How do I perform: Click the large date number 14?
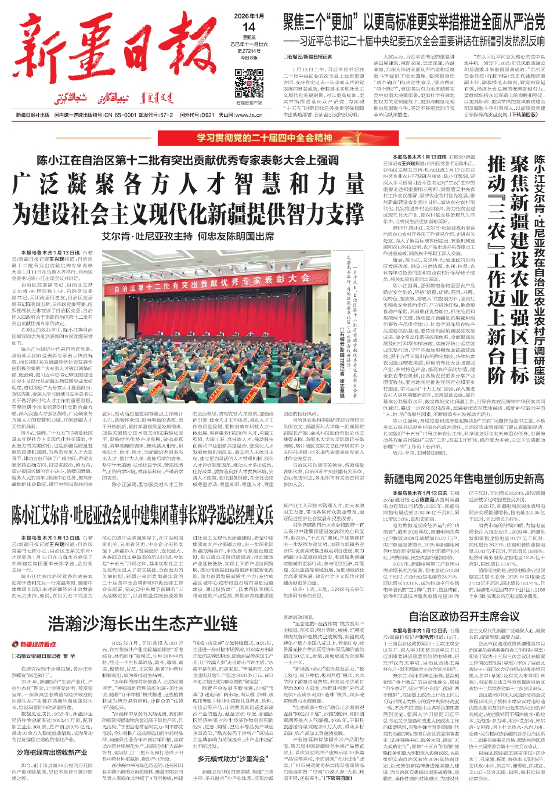coord(248,27)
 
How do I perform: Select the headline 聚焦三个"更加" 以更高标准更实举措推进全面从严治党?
coord(414,23)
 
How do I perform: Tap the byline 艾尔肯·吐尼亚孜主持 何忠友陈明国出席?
coord(188,237)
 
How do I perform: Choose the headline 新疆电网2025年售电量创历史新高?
coord(464,479)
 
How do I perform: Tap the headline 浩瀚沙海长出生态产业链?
coord(143,623)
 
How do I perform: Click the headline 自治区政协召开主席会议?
coord(464,617)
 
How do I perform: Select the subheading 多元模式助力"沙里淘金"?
coord(232,758)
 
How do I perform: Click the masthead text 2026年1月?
coord(248,16)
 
